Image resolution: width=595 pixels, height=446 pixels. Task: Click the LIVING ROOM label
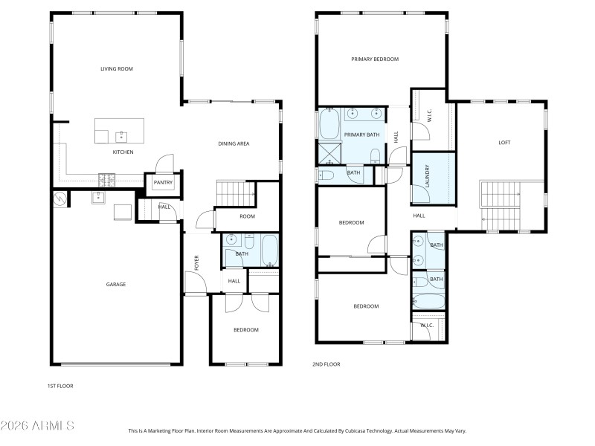[x=117, y=69]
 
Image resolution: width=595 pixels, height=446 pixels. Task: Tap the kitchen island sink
[x=120, y=137]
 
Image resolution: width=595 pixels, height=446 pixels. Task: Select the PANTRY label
[x=163, y=183]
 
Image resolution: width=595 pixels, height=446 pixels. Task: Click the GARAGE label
[x=115, y=284]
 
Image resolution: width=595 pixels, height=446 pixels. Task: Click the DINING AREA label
[x=233, y=143]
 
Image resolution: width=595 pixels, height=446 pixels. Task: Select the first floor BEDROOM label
[x=246, y=329]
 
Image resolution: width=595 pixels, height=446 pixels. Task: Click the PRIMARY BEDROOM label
[x=375, y=59]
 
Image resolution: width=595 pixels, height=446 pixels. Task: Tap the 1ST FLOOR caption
[x=60, y=386]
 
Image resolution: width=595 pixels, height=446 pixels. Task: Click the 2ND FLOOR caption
[x=326, y=364]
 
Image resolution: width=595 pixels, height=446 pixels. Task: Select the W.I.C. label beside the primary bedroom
[x=429, y=117]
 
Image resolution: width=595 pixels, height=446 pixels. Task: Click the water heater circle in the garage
[x=59, y=198]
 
